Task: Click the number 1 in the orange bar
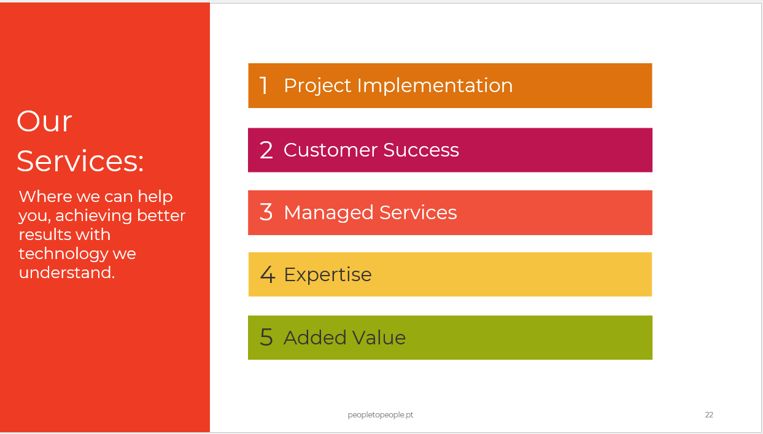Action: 264,85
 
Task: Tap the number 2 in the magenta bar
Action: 266,150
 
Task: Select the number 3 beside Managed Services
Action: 266,212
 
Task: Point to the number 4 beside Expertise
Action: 268,274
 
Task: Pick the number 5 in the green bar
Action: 266,337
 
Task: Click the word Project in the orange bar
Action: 317,86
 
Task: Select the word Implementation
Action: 435,86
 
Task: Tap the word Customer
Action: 330,150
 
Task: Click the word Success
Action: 421,150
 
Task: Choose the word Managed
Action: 328,213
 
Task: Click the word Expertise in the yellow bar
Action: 328,275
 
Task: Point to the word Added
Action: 315,337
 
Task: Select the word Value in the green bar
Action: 379,337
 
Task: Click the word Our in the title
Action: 44,122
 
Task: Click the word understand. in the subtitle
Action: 67,273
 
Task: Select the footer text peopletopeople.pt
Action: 381,415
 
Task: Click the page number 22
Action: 709,414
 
